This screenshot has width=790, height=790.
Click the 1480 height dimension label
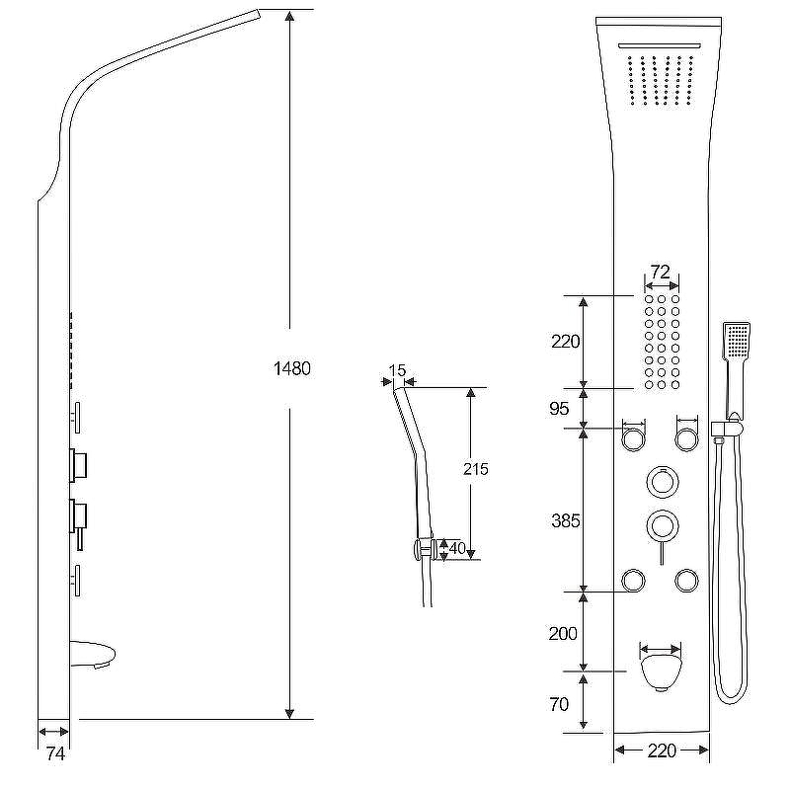pyautogui.click(x=291, y=368)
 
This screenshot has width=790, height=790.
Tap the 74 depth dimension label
pyautogui.click(x=55, y=754)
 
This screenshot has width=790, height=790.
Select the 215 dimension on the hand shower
pyautogui.click(x=476, y=470)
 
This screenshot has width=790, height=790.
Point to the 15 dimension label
pyautogui.click(x=397, y=370)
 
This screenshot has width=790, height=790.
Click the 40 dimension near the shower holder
pyautogui.click(x=457, y=548)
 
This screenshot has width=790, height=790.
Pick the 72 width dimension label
pyautogui.click(x=661, y=273)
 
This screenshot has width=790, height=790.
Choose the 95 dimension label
pyautogui.click(x=559, y=409)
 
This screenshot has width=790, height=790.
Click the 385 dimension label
pyautogui.click(x=565, y=521)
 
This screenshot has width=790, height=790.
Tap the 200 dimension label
pyautogui.click(x=563, y=633)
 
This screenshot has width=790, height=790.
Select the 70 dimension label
pyautogui.click(x=559, y=704)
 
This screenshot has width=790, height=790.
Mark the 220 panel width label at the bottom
pyautogui.click(x=661, y=751)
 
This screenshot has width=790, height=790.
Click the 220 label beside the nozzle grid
pyautogui.click(x=565, y=342)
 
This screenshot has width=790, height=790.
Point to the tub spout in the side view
pyautogui.click(x=93, y=655)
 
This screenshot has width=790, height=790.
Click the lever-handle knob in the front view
pyautogui.click(x=662, y=526)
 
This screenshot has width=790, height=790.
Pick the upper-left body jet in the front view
pyautogui.click(x=633, y=438)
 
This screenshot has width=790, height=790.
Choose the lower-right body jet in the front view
pyautogui.click(x=686, y=581)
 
